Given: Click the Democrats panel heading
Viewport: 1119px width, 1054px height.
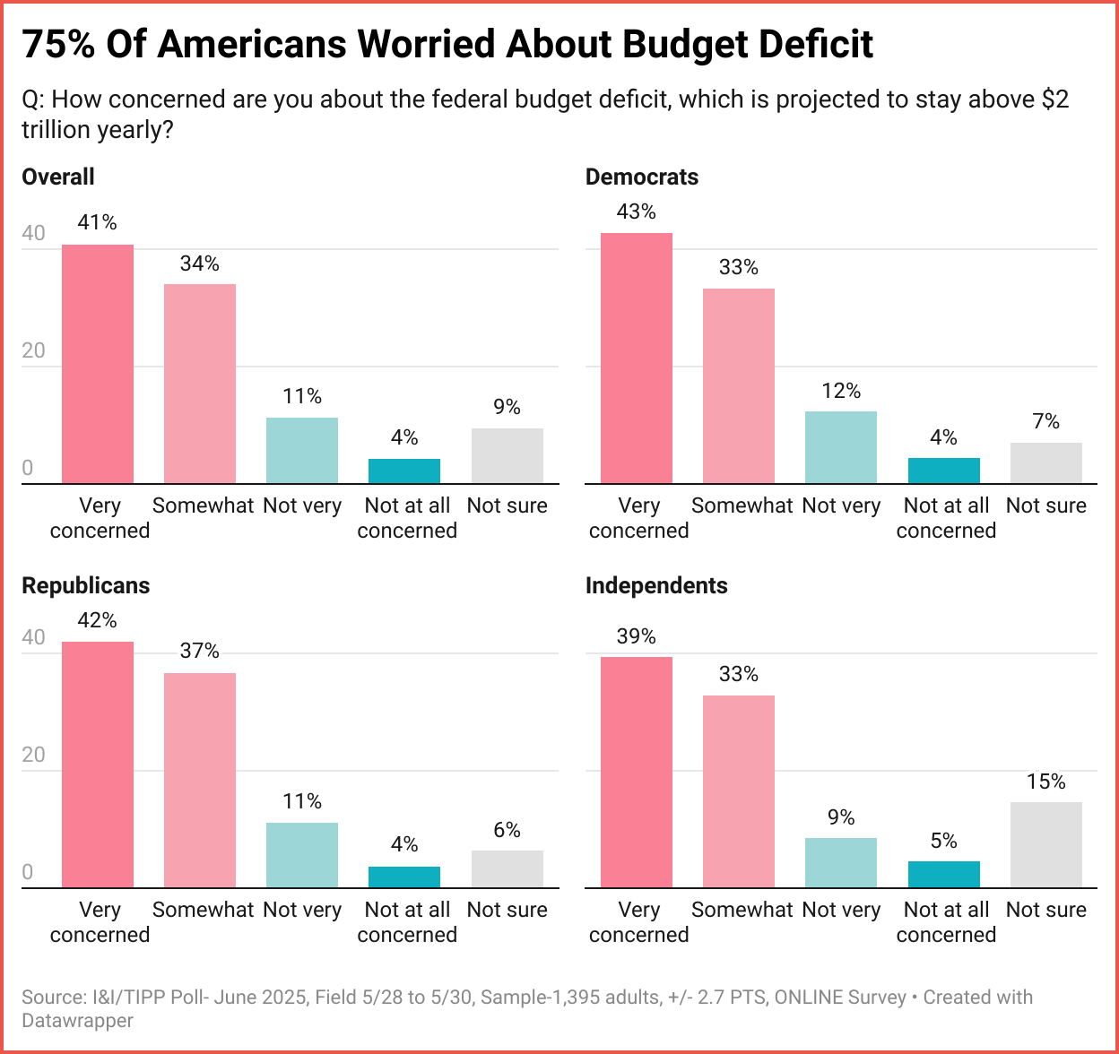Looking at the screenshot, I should click(641, 177).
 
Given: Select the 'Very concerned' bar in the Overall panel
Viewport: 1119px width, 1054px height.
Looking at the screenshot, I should click(98, 364).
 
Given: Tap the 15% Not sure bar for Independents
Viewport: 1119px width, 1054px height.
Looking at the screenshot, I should click(1045, 844).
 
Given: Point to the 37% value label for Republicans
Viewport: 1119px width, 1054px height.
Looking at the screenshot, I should click(199, 651).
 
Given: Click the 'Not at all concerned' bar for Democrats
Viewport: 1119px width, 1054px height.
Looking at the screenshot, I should click(943, 471).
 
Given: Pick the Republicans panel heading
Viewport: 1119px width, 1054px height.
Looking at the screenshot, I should click(85, 585).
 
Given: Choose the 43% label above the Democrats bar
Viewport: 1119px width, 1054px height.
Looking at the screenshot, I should click(636, 212).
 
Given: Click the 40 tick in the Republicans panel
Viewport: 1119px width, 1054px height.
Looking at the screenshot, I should click(33, 637).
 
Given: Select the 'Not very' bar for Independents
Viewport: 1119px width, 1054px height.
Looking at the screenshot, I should click(840, 862).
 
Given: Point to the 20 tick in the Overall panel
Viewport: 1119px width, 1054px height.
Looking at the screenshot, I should click(33, 350).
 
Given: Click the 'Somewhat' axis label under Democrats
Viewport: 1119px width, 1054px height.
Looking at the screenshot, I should click(742, 505).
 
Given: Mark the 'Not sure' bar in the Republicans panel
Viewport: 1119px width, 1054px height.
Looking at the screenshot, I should click(507, 868).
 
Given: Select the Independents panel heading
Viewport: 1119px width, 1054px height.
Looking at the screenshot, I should click(656, 585).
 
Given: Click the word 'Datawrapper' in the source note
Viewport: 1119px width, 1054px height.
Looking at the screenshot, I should click(77, 1020).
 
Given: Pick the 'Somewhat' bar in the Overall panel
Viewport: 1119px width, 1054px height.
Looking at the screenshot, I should click(200, 384).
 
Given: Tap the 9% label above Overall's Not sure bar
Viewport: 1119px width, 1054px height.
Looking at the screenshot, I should click(507, 407).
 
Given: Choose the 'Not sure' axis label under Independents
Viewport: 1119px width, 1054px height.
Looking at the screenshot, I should click(1045, 910).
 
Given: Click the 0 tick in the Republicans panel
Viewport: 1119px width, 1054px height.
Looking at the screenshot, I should click(28, 872).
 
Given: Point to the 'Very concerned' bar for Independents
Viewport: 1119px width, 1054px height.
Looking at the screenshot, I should click(636, 772).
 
